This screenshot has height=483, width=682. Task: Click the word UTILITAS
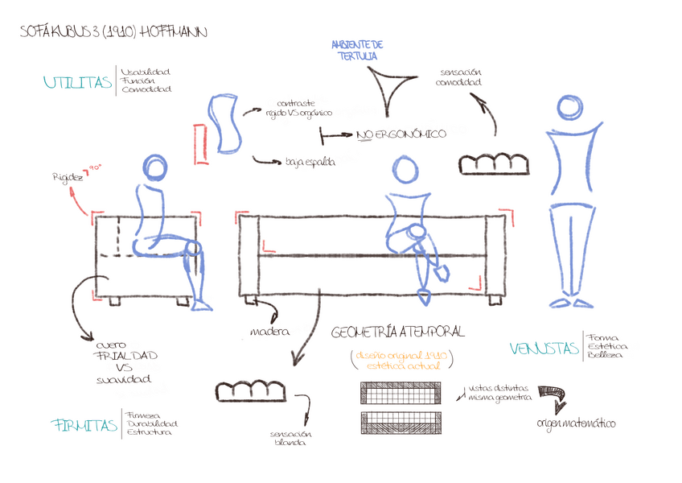(x=78, y=83)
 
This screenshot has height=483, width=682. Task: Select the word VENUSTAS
(x=544, y=349)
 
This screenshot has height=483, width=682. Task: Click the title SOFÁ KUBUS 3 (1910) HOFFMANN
(x=113, y=32)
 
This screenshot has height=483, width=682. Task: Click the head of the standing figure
(x=572, y=109)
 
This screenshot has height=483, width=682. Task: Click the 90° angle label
(x=96, y=167)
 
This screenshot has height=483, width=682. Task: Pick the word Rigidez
(x=68, y=176)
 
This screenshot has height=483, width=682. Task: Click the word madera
(x=269, y=331)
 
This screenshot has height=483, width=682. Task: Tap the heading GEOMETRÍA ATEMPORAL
(x=397, y=332)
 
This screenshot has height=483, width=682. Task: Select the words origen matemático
(x=576, y=423)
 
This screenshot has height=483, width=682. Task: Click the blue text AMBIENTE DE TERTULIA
(x=357, y=51)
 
